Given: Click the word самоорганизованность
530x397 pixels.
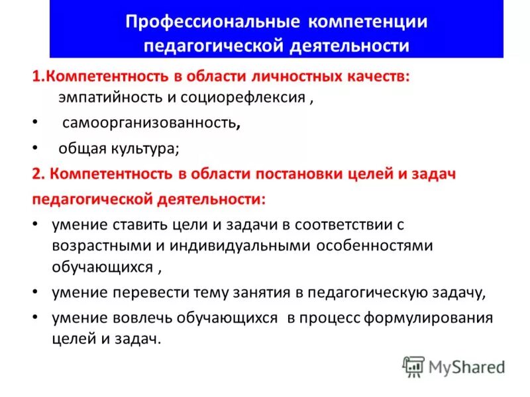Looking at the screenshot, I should [150, 123].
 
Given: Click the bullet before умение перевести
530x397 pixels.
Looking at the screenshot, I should [34, 292].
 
